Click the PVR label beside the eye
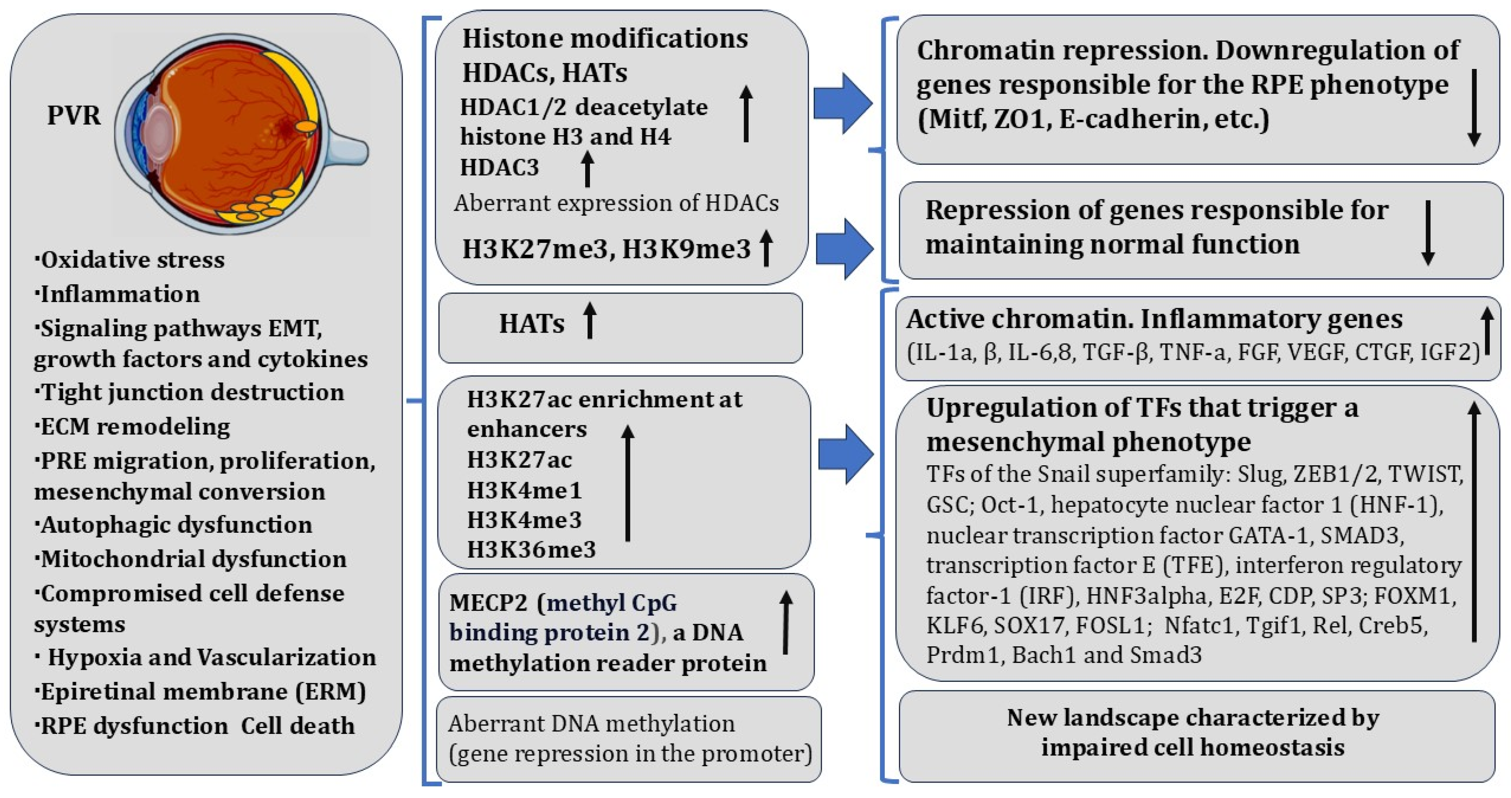tap(73, 115)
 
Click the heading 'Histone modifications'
tap(605, 39)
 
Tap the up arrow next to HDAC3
tap(587, 168)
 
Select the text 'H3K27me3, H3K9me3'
tap(606, 249)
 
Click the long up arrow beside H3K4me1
tap(628, 483)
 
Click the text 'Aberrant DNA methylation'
tap(591, 724)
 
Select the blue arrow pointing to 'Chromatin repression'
tap(842, 103)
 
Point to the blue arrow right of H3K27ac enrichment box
tap(845, 454)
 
